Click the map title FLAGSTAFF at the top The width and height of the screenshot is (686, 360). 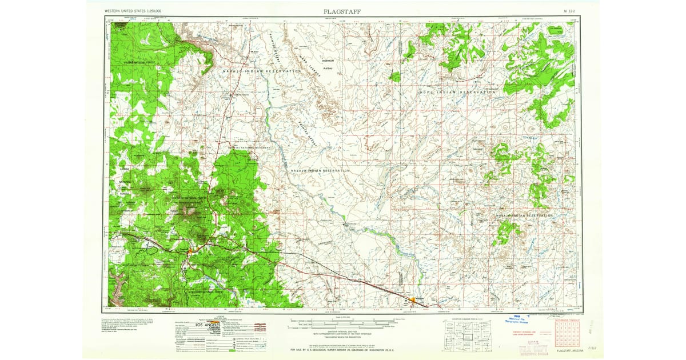click(342, 11)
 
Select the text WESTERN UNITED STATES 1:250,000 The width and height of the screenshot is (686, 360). click(133, 11)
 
